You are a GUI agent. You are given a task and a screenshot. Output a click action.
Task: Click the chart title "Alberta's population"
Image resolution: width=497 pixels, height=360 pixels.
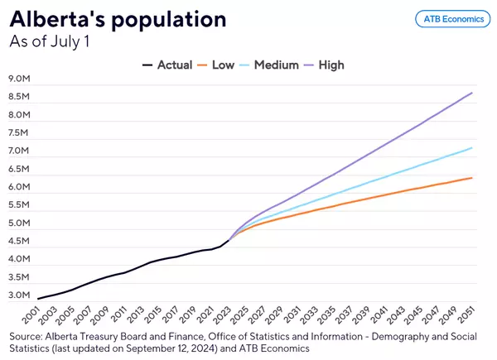(x=118, y=18)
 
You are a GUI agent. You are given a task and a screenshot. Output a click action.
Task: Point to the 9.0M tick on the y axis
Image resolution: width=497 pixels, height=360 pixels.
(x=19, y=79)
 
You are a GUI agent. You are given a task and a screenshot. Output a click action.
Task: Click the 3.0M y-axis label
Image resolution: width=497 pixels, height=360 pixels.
(x=19, y=296)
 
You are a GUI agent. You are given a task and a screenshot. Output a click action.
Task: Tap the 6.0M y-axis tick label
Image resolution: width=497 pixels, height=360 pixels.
(x=19, y=188)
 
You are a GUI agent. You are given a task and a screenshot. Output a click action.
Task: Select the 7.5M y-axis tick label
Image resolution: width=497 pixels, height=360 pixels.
(x=19, y=133)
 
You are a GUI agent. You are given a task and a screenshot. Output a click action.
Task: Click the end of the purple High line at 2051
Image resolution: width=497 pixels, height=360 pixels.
(x=472, y=93)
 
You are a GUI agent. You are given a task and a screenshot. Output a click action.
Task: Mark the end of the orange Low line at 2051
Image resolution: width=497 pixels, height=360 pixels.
(x=472, y=178)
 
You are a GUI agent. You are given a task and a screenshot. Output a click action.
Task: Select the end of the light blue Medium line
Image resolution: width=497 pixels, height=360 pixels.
(x=472, y=148)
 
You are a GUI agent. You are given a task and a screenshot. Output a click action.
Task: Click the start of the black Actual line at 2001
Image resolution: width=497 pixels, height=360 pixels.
(x=38, y=298)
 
